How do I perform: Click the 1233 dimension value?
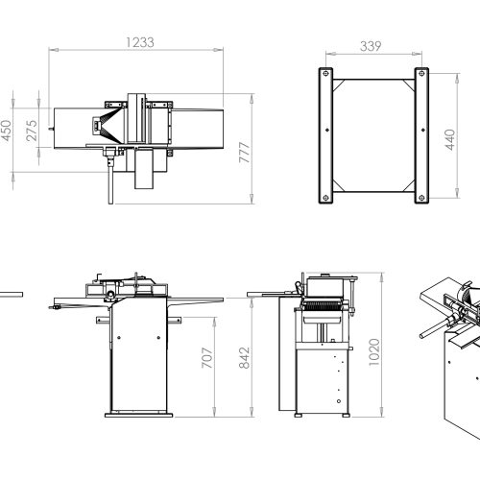tap(140, 42)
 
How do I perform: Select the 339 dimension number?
tap(371, 46)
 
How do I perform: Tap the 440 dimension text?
tap(450, 140)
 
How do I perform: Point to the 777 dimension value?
tap(245, 153)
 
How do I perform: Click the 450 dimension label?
tap(7, 131)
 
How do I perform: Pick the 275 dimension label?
tap(32, 131)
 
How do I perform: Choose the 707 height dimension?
tap(207, 357)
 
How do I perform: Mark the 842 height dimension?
tap(245, 358)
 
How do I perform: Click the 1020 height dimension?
tap(374, 352)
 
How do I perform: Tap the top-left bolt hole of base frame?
tap(325, 74)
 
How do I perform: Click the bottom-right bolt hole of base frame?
tap(421, 198)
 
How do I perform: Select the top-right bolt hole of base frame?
tap(421, 74)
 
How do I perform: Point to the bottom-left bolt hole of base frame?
tap(325, 198)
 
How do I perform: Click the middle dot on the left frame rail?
tap(327, 130)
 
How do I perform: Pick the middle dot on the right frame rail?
tap(423, 130)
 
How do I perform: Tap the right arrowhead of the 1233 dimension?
tap(219, 50)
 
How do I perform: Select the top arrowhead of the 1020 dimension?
tap(381, 277)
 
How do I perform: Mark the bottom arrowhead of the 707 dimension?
tap(214, 413)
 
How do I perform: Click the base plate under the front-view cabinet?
tap(139, 416)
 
